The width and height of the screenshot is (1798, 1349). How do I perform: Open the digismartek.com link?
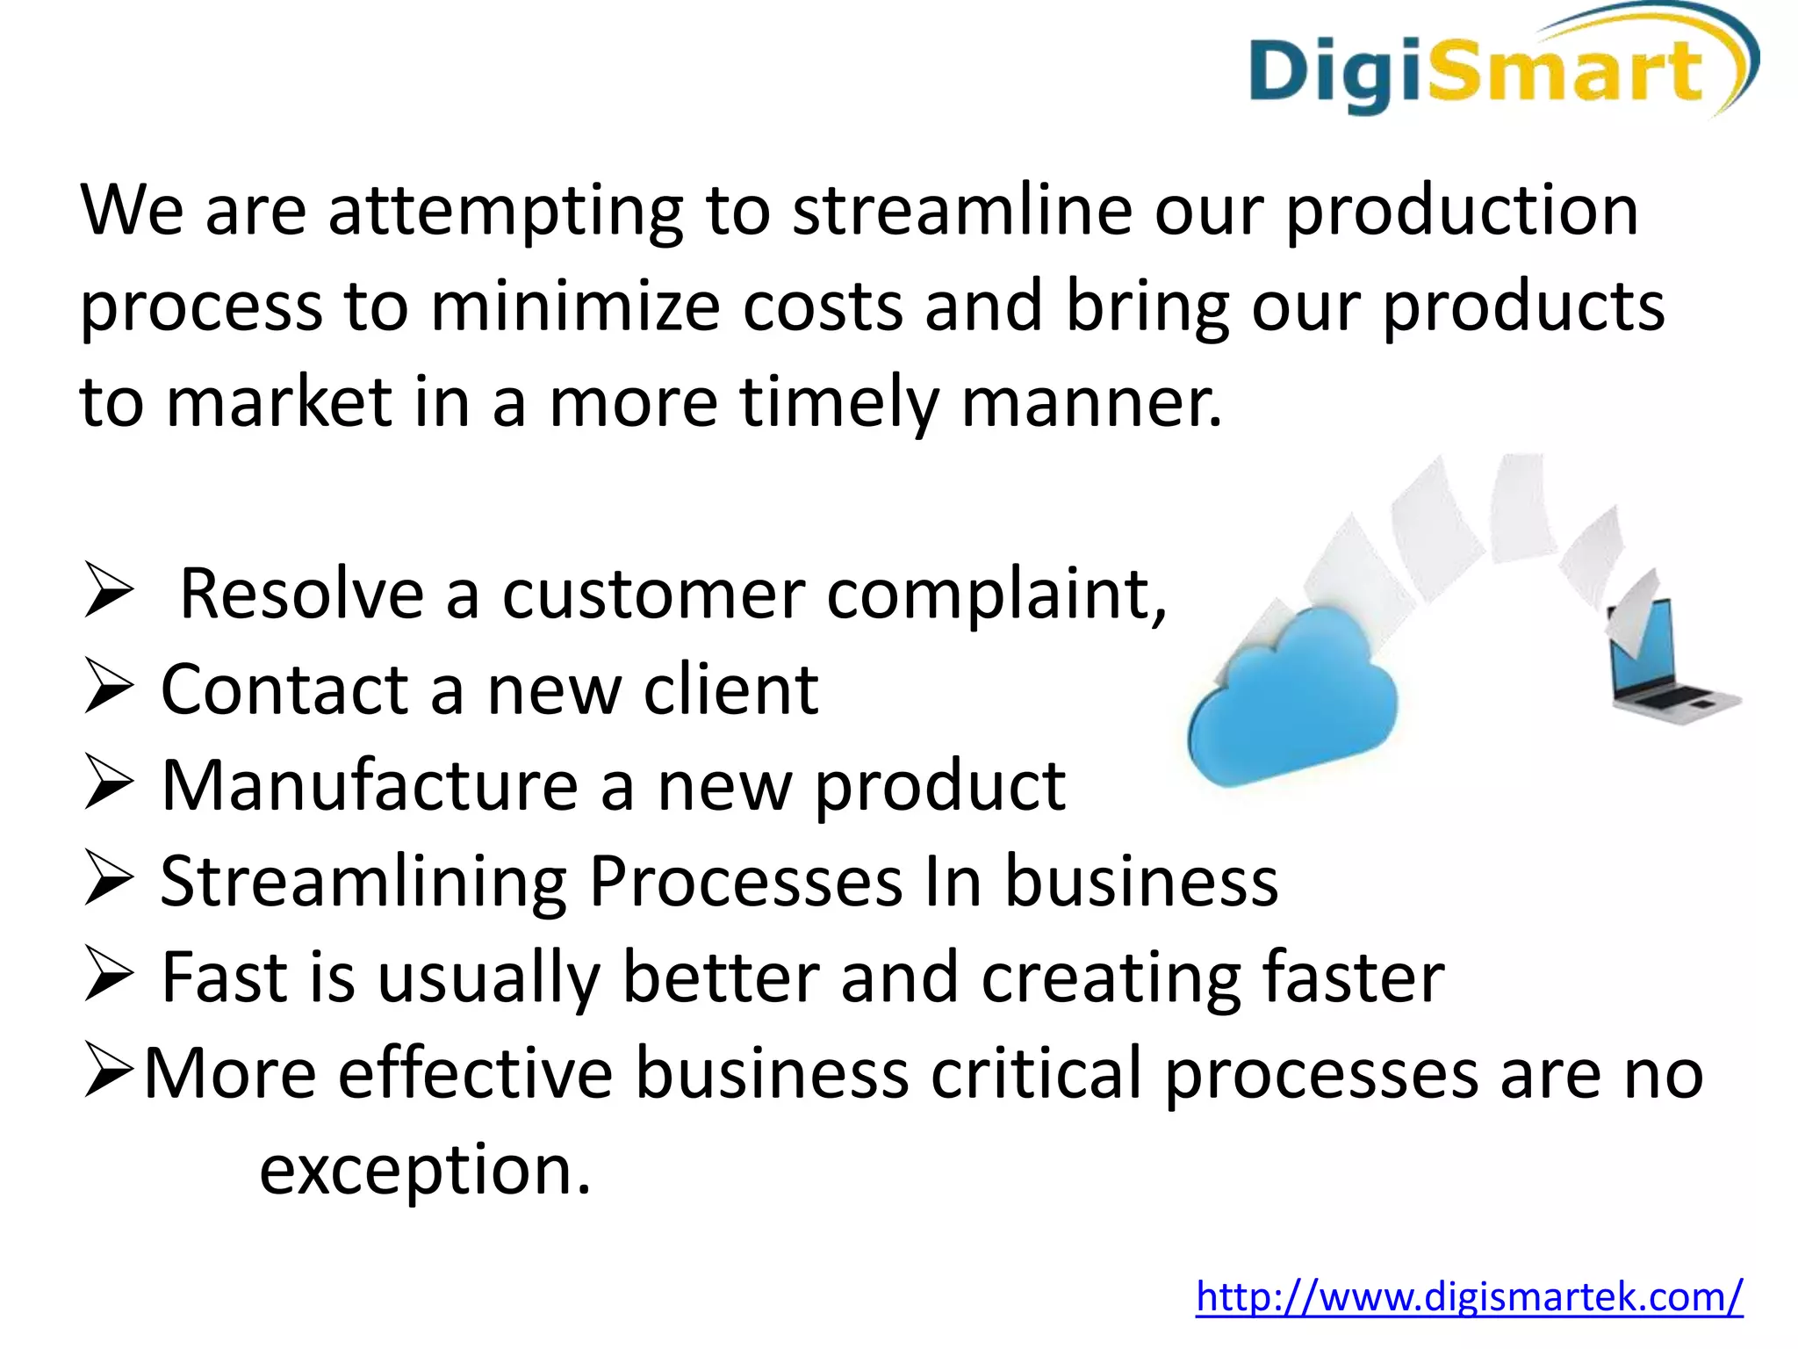(x=1469, y=1296)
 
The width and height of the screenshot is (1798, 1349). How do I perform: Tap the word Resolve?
(x=302, y=595)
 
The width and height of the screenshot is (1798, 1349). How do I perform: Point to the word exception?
(x=425, y=1171)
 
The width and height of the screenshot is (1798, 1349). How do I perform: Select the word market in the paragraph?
(x=279, y=402)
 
